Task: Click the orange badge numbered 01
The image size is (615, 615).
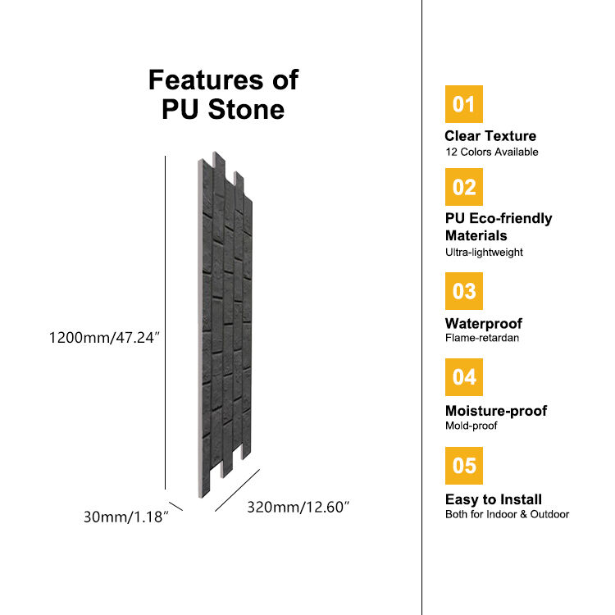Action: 463,104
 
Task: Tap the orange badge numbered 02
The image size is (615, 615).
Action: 463,187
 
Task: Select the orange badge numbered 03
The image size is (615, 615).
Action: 463,291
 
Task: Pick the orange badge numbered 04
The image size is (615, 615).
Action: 463,377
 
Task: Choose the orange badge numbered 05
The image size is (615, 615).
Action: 463,466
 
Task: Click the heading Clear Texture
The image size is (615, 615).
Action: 490,136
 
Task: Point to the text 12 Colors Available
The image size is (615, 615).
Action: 491,152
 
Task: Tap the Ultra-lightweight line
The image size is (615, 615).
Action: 484,253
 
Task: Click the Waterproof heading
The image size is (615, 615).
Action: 483,323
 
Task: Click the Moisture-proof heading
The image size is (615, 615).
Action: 495,411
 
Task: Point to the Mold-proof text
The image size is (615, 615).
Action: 471,426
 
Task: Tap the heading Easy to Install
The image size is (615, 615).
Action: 493,499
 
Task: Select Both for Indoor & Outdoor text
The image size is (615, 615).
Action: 507,514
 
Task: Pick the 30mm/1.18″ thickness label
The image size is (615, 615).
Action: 126,517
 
